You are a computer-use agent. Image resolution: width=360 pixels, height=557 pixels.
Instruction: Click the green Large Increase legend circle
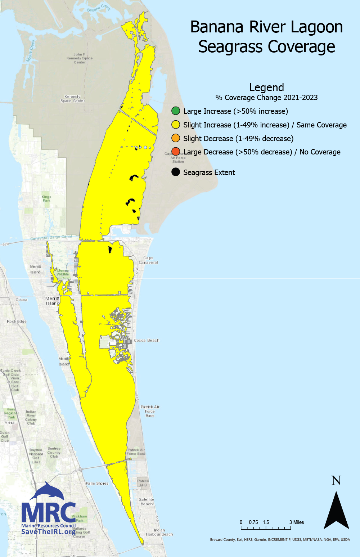pos(176,111)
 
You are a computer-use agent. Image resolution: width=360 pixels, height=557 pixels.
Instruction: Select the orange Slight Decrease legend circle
pos(176,138)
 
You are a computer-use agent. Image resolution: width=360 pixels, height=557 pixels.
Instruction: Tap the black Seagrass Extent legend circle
pos(176,172)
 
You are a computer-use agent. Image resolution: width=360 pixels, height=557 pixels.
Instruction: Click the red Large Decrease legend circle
pos(176,152)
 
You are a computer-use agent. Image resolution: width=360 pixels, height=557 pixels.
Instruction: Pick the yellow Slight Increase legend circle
pos(176,125)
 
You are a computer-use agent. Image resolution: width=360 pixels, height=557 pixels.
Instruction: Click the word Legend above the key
pos(266,87)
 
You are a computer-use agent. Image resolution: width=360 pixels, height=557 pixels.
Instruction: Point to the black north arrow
pos(336,511)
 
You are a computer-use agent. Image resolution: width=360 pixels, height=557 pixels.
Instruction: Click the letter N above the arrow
pos(336,481)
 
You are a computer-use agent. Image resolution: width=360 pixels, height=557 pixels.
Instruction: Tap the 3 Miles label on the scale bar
pos(297,522)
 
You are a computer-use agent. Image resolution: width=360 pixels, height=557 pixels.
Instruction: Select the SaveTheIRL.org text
pos(48,532)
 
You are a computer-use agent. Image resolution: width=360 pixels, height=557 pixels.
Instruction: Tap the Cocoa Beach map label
pos(147,340)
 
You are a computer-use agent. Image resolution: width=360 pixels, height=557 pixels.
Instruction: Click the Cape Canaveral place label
pos(148,260)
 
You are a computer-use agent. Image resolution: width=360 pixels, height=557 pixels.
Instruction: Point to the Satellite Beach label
pos(147,502)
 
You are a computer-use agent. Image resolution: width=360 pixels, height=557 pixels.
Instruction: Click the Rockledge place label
pos(17,322)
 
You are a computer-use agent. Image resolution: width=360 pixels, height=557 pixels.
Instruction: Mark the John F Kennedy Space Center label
pos(80,58)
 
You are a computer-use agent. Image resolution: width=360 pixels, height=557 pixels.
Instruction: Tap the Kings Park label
pos(46,198)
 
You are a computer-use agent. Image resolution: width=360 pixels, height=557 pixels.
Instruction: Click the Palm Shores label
pos(97,483)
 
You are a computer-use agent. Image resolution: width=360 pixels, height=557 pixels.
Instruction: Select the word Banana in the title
pos(219,27)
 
